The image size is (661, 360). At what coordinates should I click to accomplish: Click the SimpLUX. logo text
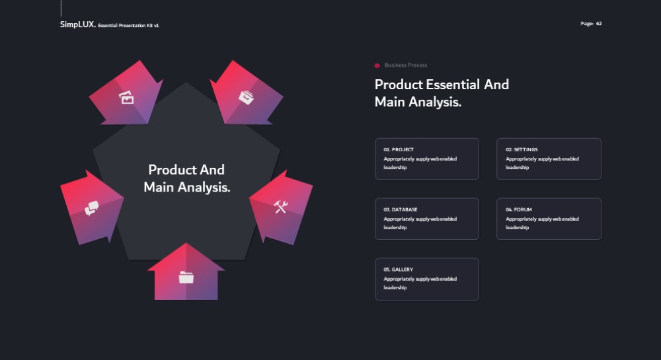pos(77,24)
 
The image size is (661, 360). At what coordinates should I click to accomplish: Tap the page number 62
pos(599,24)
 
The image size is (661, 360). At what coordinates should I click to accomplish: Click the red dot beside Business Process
pos(377,65)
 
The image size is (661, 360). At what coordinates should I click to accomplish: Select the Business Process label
pos(406,65)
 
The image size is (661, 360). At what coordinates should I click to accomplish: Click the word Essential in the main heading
pos(453,85)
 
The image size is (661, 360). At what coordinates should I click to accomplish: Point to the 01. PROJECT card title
pos(399,149)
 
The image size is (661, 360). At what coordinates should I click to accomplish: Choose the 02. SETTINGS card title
pos(522,149)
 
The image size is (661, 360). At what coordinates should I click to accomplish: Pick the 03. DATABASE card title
pos(401,209)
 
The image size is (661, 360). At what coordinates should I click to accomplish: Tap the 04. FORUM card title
pos(518,209)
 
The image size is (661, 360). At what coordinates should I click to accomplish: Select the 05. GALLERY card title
pos(399,270)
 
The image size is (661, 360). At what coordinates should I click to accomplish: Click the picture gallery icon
pos(126,97)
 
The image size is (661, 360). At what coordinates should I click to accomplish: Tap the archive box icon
pos(246,97)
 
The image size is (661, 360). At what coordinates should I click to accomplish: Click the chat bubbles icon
pos(91,208)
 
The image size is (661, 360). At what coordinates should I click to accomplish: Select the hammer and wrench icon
pos(281,206)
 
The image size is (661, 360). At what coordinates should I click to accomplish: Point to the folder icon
pos(186,277)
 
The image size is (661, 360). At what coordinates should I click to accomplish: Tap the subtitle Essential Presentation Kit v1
pos(129,26)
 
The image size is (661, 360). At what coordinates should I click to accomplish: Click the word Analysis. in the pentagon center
pos(204,187)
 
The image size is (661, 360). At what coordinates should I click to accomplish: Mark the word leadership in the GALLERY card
pos(395,287)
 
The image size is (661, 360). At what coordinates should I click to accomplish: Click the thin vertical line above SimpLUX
pos(61,8)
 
